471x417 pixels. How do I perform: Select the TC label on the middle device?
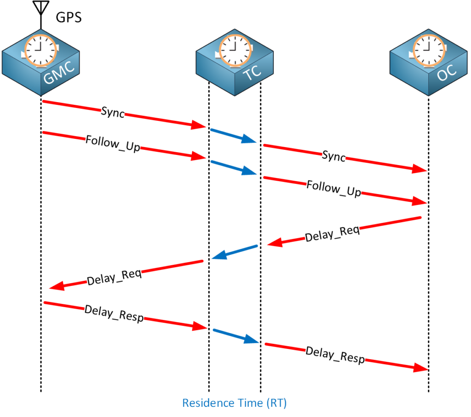[x=253, y=74]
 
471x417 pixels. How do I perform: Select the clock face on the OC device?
[x=429, y=49]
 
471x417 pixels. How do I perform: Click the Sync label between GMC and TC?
[x=113, y=113]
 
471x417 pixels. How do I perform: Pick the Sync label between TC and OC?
[x=334, y=156]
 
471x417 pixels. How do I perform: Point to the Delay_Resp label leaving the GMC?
[x=114, y=314]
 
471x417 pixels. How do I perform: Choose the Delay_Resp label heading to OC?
[x=335, y=355]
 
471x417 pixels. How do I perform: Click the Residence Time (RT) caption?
[x=235, y=403]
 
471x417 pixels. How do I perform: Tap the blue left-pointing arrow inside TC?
[x=235, y=252]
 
